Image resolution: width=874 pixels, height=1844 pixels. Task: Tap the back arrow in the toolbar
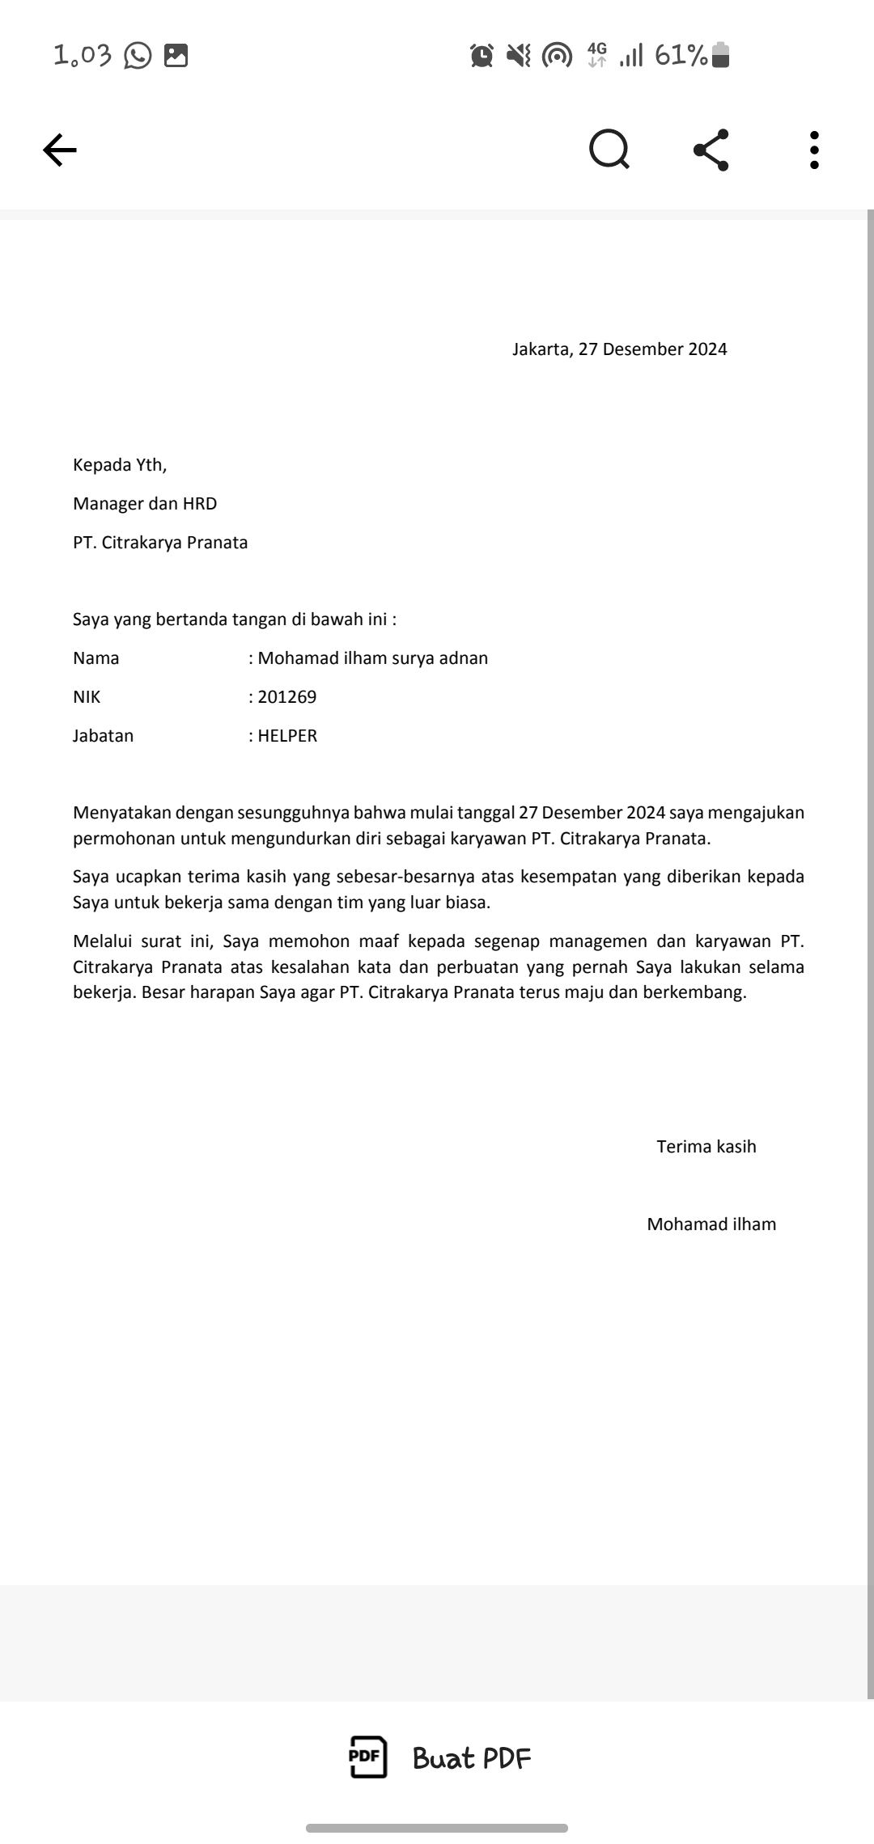60,150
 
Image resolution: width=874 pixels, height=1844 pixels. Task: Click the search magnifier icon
609,150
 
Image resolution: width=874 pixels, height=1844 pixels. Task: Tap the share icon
711,150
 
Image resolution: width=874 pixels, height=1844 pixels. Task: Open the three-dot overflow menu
814,150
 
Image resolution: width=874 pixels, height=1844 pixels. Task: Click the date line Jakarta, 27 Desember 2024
619,349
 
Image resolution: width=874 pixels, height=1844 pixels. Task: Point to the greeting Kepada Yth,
120,465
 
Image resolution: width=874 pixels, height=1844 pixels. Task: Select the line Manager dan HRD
145,504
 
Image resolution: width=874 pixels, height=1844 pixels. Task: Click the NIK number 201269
287,697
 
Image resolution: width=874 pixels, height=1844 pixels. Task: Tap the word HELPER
287,736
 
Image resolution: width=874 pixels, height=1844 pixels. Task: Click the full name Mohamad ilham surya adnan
372,658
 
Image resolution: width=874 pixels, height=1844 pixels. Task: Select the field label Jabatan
103,736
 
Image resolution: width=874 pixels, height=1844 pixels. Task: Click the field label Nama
95,658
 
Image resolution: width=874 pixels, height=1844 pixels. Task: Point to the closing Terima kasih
706,1147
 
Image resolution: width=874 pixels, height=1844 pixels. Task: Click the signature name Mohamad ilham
711,1224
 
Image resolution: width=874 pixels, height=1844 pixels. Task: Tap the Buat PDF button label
472,1758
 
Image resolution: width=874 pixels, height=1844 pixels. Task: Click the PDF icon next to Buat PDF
367,1757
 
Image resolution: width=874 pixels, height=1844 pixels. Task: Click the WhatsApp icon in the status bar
138,56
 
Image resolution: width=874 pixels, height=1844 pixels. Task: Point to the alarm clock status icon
482,56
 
